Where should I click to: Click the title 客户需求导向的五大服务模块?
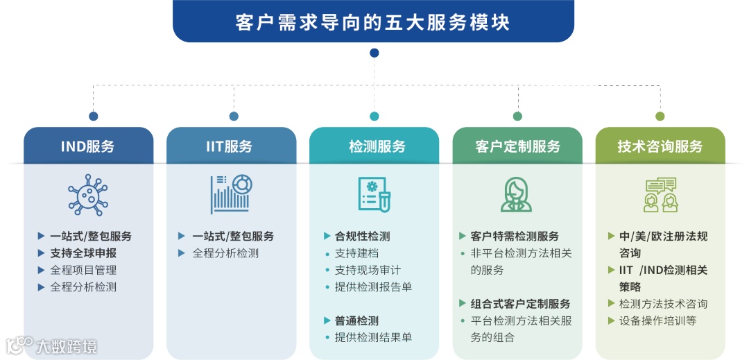click(373, 22)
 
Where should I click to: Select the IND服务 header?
click(88, 146)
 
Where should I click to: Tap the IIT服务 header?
click(231, 146)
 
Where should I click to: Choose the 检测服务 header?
click(374, 146)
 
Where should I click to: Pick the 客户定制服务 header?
click(517, 146)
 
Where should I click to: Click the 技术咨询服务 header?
click(660, 146)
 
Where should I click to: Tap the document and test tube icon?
click(374, 195)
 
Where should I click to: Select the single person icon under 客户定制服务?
click(517, 195)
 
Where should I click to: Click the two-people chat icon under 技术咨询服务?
click(660, 195)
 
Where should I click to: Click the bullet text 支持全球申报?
click(83, 253)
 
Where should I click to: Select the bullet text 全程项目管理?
click(83, 270)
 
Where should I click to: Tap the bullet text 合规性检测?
click(362, 236)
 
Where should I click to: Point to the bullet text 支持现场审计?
click(368, 270)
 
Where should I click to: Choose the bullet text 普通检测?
click(356, 320)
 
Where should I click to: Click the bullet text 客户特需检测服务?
click(515, 236)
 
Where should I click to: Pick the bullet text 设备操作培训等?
click(657, 320)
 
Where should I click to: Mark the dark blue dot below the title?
click(374, 53)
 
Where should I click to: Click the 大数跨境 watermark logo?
click(52, 345)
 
